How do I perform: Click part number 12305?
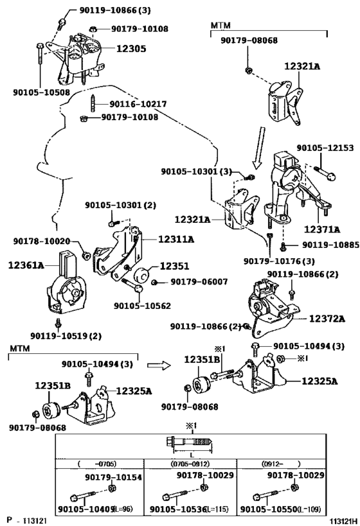pos(131,49)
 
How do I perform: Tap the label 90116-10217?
pos(138,104)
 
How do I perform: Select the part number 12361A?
pos(26,265)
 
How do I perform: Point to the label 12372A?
pos(327,319)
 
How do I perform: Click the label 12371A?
pos(322,229)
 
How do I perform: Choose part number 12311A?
pos(176,239)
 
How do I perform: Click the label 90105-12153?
pos(325,148)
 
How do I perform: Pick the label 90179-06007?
pos(199,282)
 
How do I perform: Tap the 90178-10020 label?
pos(42,241)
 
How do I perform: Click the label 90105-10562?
pos(142,306)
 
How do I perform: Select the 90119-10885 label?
pos(331,245)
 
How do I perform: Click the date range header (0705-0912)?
pos(190,464)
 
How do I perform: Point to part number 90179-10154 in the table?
pos(114,477)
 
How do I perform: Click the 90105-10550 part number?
pos(269,509)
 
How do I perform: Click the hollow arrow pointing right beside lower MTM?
pos(159,365)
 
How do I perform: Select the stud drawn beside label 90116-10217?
pos(93,103)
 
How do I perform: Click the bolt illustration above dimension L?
pos(190,442)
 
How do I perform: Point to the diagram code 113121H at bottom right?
pos(343,521)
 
